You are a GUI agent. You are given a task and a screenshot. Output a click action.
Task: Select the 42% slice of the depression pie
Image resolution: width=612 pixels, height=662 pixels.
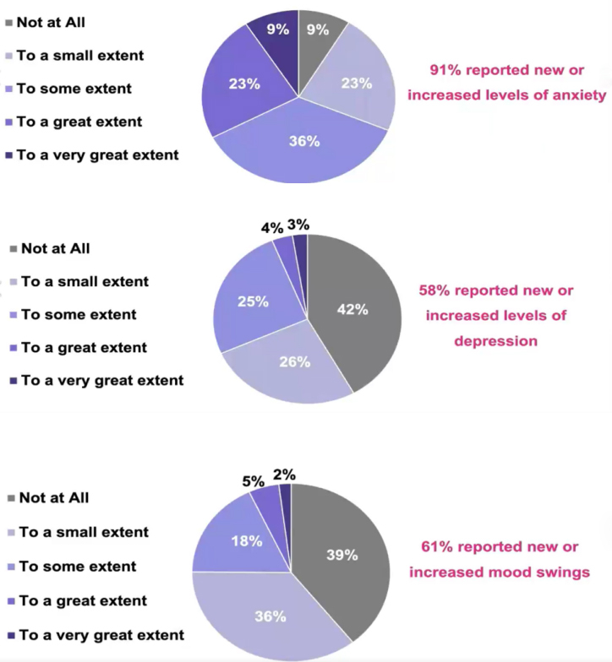tap(353, 309)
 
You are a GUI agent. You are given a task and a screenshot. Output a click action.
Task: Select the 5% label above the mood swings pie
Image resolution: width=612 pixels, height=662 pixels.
tap(253, 480)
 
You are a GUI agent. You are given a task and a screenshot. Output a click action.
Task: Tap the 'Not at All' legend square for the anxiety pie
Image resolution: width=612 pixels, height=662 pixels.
tap(10, 22)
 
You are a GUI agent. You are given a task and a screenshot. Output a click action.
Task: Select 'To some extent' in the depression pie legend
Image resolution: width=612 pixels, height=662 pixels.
tap(79, 314)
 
